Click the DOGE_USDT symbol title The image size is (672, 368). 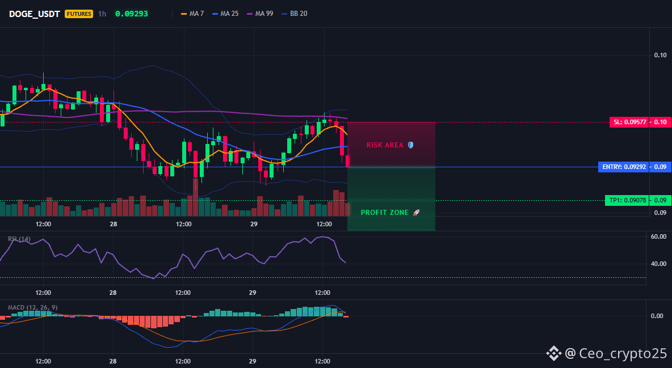pyautogui.click(x=34, y=14)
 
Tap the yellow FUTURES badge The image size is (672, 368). pyautogui.click(x=79, y=14)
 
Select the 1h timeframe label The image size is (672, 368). pyautogui.click(x=102, y=14)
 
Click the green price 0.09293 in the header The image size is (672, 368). pyautogui.click(x=132, y=14)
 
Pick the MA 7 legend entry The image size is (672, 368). pyautogui.click(x=192, y=14)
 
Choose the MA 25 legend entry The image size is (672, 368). pyautogui.click(x=225, y=14)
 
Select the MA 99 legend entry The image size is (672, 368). pyautogui.click(x=260, y=14)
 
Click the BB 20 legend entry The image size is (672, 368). pyautogui.click(x=295, y=14)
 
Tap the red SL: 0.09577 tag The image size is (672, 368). pyautogui.click(x=629, y=122)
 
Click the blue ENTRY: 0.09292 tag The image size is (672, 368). pyautogui.click(x=623, y=167)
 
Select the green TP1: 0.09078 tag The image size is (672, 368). pyautogui.click(x=627, y=200)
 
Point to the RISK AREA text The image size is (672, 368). pyautogui.click(x=385, y=145)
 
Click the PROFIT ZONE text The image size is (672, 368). pyautogui.click(x=384, y=213)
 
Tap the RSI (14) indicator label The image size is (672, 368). pyautogui.click(x=19, y=239)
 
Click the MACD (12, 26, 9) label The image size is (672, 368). pyautogui.click(x=32, y=307)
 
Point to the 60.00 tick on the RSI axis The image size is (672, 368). pyautogui.click(x=658, y=236)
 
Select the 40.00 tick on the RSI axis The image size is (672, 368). pyautogui.click(x=658, y=264)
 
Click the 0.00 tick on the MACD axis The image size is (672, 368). pyautogui.click(x=657, y=316)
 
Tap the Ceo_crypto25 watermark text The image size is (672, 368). pyautogui.click(x=623, y=353)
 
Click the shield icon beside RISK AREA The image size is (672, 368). pyautogui.click(x=410, y=145)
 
